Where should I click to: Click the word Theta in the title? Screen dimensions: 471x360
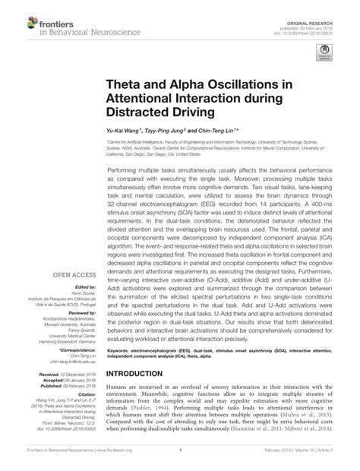(x=125, y=84)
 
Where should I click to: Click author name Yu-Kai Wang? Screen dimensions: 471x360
(x=126, y=131)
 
